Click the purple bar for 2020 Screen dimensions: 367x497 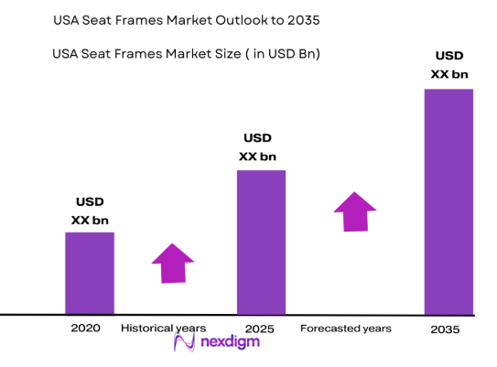point(89,273)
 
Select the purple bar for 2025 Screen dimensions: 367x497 point(261,242)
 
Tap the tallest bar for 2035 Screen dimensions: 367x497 point(448,201)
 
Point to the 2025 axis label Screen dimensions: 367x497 point(260,328)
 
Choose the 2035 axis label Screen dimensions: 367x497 point(445,329)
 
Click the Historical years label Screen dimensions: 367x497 point(164,327)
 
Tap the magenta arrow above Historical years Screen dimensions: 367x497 point(172,264)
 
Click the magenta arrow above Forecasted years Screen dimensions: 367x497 point(355,211)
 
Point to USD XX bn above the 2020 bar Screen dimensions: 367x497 point(89,210)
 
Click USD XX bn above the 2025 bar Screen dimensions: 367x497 point(257,147)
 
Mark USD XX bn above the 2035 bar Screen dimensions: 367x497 point(449,63)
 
